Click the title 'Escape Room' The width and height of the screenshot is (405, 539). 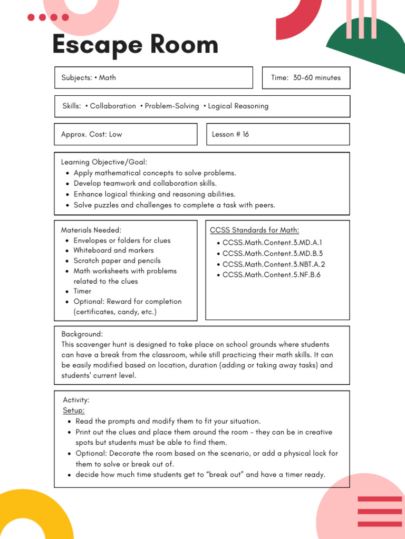[x=135, y=45]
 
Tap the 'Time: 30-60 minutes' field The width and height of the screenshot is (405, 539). [x=306, y=78]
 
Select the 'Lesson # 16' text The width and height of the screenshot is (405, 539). [x=230, y=134]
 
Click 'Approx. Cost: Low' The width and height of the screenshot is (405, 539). [x=91, y=134]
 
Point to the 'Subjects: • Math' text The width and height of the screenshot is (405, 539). [x=89, y=78]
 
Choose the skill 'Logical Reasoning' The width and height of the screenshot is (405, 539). [x=238, y=106]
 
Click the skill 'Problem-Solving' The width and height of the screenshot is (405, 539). [x=172, y=106]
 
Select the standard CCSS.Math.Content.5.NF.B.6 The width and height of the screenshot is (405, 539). [x=271, y=275]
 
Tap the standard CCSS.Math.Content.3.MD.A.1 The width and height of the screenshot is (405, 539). [x=272, y=243]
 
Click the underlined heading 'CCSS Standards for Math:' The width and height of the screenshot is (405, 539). [x=255, y=230]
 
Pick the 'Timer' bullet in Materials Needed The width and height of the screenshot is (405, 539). [x=82, y=291]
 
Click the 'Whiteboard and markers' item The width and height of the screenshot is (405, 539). [x=113, y=251]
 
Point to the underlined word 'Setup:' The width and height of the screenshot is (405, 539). [x=74, y=411]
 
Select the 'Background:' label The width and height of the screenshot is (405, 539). [x=82, y=334]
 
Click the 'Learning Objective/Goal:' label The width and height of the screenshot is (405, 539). [x=104, y=162]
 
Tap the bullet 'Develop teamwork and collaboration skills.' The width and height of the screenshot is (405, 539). [x=145, y=183]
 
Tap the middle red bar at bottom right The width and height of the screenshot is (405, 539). [x=380, y=511]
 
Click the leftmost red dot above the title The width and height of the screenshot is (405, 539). [x=31, y=17]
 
